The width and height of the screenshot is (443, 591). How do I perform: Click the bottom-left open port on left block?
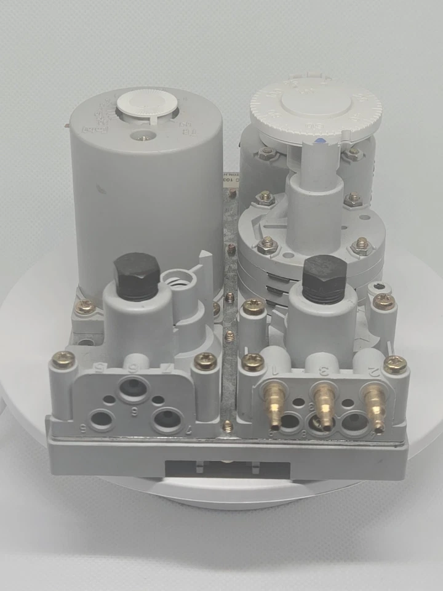(x=101, y=420)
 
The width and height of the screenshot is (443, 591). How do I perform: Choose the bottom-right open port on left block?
(x=166, y=420)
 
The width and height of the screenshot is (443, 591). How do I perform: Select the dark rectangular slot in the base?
(x=227, y=470)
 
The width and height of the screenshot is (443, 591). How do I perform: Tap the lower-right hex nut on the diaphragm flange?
(x=362, y=247)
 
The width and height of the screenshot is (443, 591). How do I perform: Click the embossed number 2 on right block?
(x=372, y=371)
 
